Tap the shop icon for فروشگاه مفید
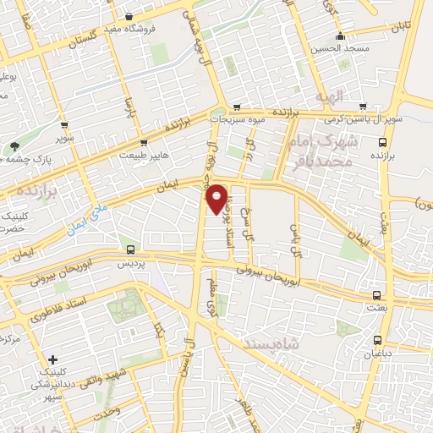tap(128, 17)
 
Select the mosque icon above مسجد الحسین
tap(340, 36)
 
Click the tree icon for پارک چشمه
tap(14, 146)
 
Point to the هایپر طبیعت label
tap(143, 156)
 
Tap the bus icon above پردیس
tap(129, 249)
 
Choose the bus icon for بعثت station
tap(376, 295)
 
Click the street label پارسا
tap(129, 109)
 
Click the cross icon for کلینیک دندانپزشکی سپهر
tap(52, 359)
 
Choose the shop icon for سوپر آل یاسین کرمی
tap(363, 107)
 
